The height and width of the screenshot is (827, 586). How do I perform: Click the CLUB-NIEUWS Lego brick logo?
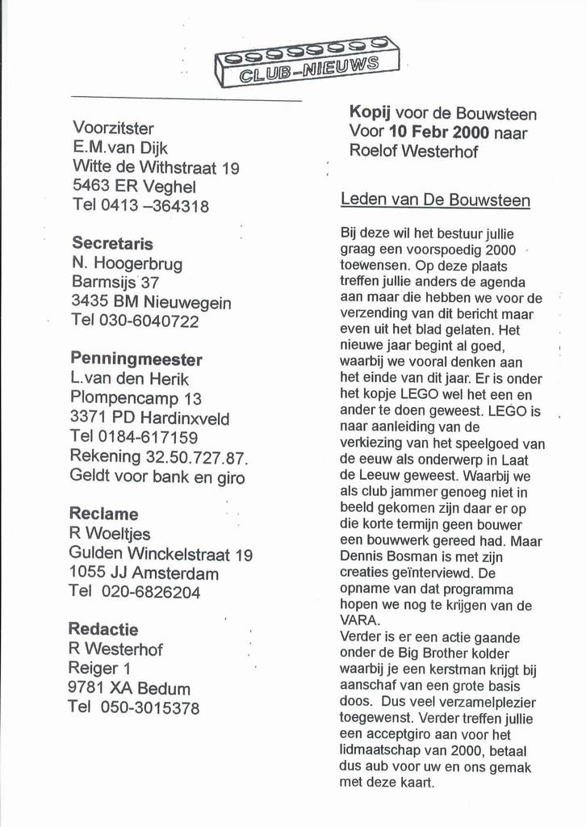pyautogui.click(x=307, y=63)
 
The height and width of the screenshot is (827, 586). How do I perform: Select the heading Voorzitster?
pyautogui.click(x=113, y=128)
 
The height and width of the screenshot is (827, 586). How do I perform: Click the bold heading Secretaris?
pyautogui.click(x=112, y=243)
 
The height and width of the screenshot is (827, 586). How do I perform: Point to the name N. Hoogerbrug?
pyautogui.click(x=127, y=263)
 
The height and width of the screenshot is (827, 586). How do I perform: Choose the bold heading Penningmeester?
pyautogui.click(x=136, y=359)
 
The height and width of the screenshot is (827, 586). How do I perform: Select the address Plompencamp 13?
pyautogui.click(x=136, y=398)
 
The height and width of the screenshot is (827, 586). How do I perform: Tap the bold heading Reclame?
pyautogui.click(x=103, y=514)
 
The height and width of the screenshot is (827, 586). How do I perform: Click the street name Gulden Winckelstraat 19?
pyautogui.click(x=161, y=555)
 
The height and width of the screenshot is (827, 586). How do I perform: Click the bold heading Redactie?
pyautogui.click(x=103, y=629)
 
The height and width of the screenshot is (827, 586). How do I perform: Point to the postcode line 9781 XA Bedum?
pyautogui.click(x=129, y=689)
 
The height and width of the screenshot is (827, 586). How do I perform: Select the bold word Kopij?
pyautogui.click(x=370, y=113)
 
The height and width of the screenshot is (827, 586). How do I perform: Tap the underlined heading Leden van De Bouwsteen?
pyautogui.click(x=435, y=199)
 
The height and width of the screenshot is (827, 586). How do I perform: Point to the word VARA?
pyautogui.click(x=357, y=620)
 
